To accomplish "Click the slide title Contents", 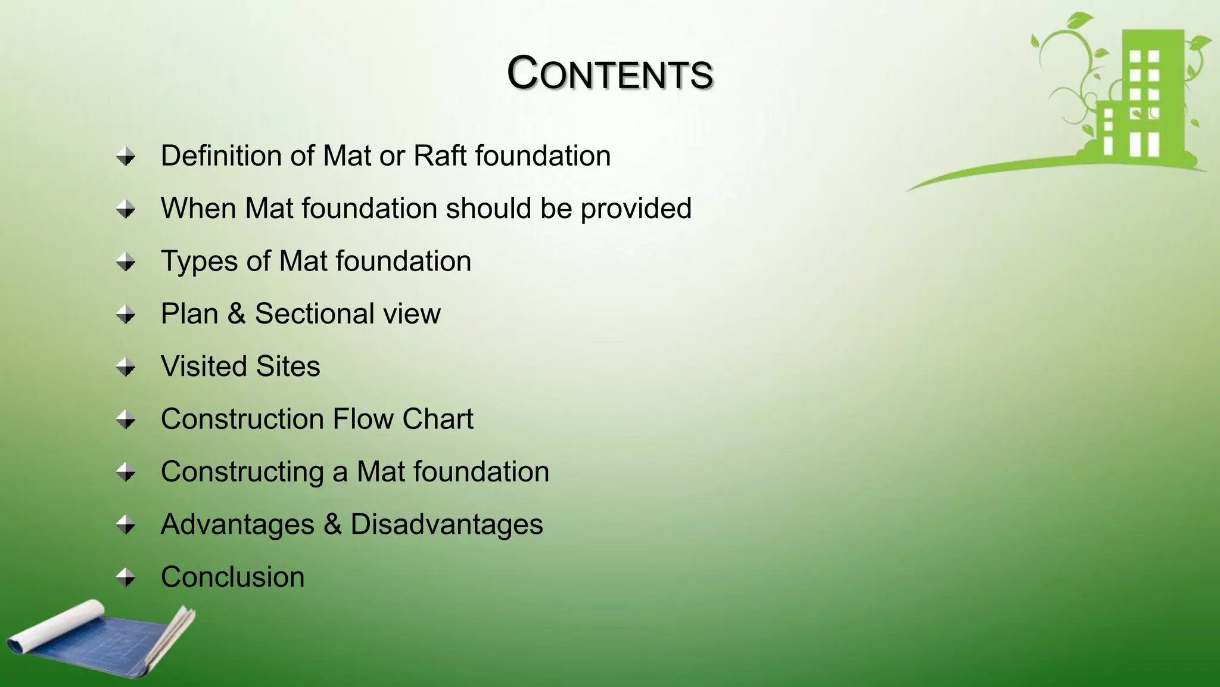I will (x=609, y=73).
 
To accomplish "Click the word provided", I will (x=636, y=209).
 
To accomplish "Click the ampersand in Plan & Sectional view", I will (x=236, y=314).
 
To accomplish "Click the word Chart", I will (x=438, y=419).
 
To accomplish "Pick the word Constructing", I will (x=242, y=472).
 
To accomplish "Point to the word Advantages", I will (x=237, y=524).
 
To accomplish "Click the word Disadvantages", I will (x=446, y=524).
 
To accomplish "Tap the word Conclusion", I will (x=232, y=577).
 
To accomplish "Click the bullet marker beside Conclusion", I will (x=126, y=577).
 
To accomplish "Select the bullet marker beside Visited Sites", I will (x=126, y=366).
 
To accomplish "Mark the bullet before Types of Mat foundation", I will (x=126, y=262).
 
